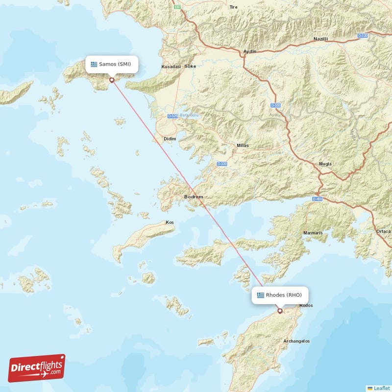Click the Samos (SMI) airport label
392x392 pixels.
coord(111,64)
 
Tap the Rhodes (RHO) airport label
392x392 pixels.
coord(280,295)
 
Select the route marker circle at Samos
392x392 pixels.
coord(112,80)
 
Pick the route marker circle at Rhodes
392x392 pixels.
coord(280,311)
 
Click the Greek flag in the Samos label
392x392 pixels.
coord(94,64)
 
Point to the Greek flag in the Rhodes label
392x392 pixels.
coord(260,295)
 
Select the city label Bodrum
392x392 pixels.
coord(193,197)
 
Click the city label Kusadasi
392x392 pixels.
coord(171,67)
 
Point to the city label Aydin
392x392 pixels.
coord(250,51)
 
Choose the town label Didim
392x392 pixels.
coord(170,139)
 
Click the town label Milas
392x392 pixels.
coord(242,146)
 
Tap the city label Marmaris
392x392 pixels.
coord(313,233)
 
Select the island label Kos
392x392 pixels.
coord(170,222)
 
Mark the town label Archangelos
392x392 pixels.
coord(296,341)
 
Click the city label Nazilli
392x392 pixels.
coord(320,39)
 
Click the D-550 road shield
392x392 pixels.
coord(275,105)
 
